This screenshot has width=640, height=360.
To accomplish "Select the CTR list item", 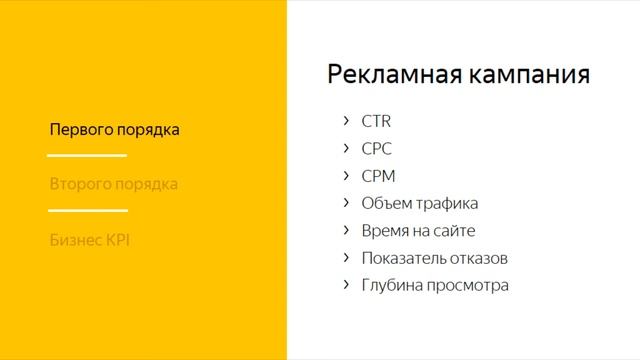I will (376, 122).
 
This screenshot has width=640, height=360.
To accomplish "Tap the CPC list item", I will (376, 149).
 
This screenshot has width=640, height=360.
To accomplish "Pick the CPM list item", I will (378, 176).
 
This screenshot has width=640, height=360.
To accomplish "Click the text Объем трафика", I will (419, 203).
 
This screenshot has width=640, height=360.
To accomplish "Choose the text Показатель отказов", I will (435, 258).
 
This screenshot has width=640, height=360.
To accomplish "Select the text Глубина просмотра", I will (435, 285).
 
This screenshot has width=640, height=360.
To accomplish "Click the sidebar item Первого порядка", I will (114, 130).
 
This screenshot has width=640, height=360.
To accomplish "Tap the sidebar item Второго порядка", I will (114, 185).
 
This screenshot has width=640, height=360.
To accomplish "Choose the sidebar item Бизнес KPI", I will (90, 240).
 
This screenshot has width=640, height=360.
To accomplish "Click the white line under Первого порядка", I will (87, 155).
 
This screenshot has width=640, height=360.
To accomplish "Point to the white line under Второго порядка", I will (87, 210).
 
